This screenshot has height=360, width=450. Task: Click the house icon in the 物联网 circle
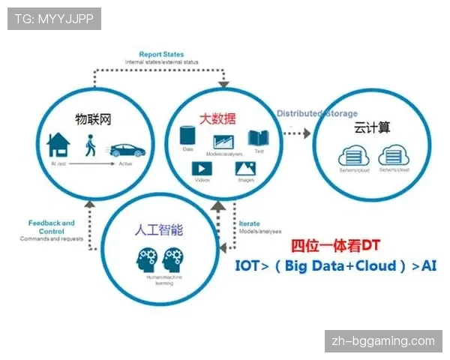[58, 145]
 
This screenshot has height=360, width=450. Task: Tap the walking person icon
[91, 145]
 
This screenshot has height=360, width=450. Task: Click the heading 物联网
[93, 120]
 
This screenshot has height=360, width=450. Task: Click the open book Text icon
[259, 138]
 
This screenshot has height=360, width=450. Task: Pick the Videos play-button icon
[201, 169]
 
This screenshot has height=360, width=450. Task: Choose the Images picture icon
[246, 170]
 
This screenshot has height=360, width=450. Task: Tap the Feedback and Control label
[51, 226]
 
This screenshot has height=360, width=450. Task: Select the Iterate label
[250, 224]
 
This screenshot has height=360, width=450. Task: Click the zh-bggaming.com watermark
[382, 341]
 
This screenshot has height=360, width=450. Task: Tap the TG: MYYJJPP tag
[54, 19]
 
